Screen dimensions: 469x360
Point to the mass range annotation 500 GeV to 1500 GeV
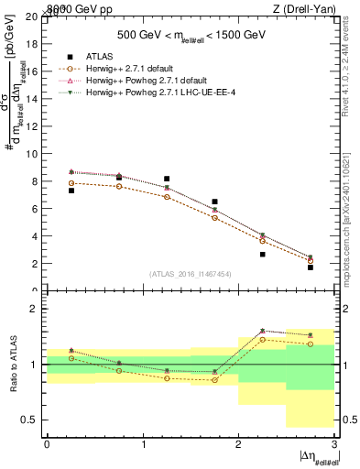coord(191,35)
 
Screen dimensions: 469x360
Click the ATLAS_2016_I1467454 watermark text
coord(190,273)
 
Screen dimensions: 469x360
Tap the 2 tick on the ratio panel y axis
coord(37,309)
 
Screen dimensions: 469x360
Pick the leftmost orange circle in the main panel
coord(71,183)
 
